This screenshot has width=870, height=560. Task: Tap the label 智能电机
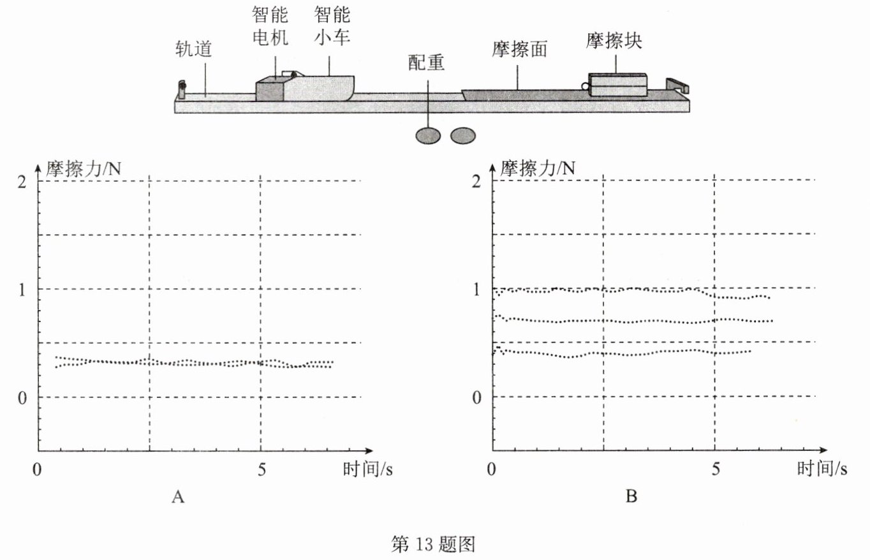tap(269, 27)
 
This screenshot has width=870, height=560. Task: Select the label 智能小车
tap(332, 27)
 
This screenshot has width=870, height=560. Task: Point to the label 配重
tap(426, 62)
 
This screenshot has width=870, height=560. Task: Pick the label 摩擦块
tap(614, 41)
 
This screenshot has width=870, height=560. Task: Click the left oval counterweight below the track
tap(427, 135)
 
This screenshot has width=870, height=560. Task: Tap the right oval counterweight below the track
tap(462, 135)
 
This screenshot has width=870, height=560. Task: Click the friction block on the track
tap(617, 85)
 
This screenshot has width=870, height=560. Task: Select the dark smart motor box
tap(270, 90)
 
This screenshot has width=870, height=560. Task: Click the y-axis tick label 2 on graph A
tap(23, 181)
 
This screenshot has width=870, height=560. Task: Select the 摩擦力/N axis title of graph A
tap(84, 169)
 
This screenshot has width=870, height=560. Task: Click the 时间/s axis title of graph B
tap(822, 470)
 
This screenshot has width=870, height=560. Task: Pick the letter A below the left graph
tap(178, 497)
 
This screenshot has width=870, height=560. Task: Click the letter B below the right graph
tap(631, 497)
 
